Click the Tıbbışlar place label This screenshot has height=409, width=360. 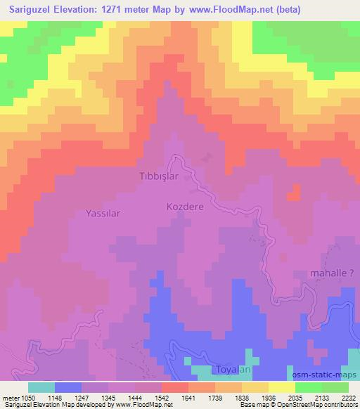pyautogui.click(x=159, y=176)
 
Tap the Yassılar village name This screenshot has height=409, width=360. pyautogui.click(x=104, y=213)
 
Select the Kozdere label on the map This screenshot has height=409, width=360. pyautogui.click(x=186, y=207)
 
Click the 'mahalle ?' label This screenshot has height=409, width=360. pyautogui.click(x=333, y=273)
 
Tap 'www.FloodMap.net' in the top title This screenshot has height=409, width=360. pyautogui.click(x=239, y=8)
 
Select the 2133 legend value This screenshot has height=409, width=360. pyautogui.click(x=316, y=398)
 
